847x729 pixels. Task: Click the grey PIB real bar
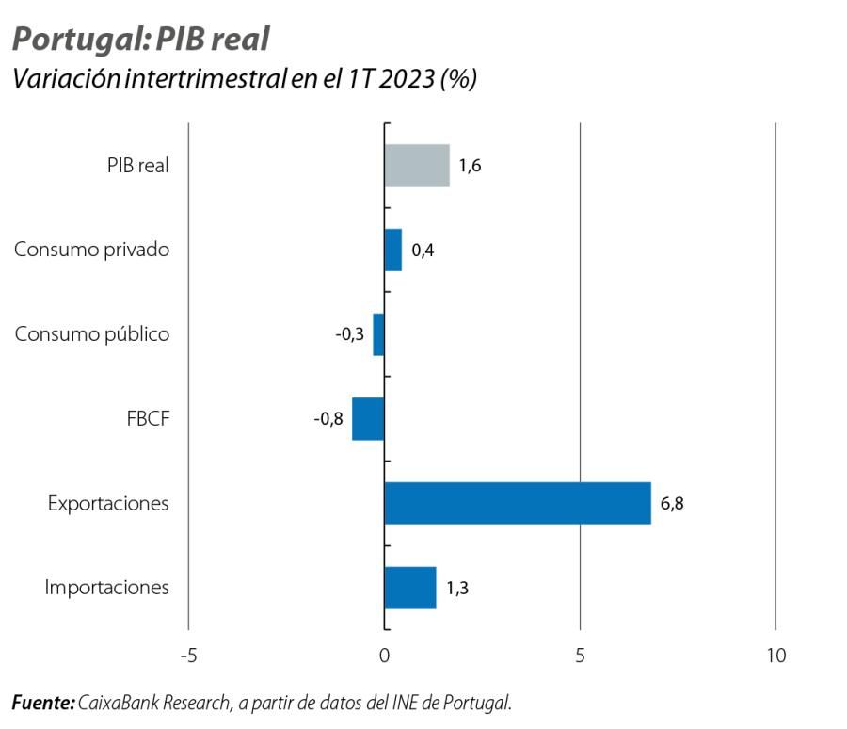[417, 166]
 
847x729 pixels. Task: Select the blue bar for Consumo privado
[393, 251]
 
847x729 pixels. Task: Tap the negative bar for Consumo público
[378, 334]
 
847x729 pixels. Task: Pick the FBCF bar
[368, 419]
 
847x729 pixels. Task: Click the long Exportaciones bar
[518, 503]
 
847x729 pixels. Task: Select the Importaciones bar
[410, 588]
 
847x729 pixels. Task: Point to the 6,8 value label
[672, 503]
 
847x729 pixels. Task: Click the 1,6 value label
[471, 167]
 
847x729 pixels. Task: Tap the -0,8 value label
[328, 419]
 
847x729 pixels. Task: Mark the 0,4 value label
[423, 251]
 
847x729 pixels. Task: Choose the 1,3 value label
[457, 589]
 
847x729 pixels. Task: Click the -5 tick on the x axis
[188, 656]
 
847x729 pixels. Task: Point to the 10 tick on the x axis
[775, 656]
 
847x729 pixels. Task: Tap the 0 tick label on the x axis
[384, 656]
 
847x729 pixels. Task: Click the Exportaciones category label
[108, 503]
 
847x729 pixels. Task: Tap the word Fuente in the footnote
[41, 703]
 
